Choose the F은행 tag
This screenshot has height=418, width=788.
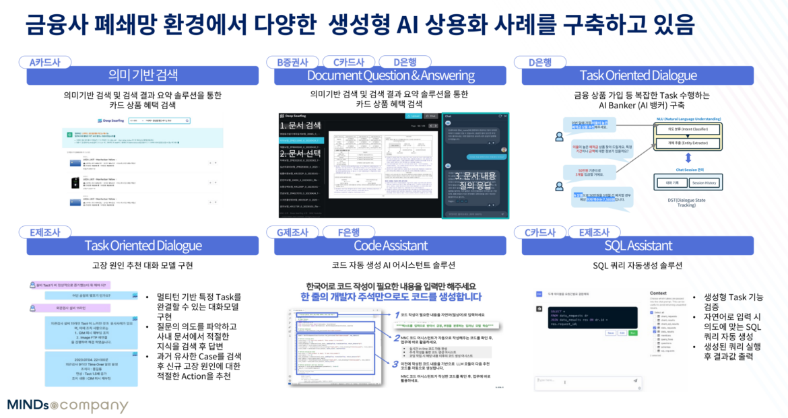(x=355, y=233)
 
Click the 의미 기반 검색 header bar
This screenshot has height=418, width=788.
(x=143, y=75)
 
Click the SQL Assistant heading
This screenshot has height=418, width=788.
(x=638, y=246)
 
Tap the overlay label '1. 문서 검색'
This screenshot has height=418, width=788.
(x=301, y=125)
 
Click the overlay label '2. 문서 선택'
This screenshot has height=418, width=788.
(x=301, y=153)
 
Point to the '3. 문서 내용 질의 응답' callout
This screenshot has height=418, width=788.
(x=475, y=181)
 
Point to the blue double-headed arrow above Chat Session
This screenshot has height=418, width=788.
(x=687, y=158)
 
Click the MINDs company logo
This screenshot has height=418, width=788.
(x=67, y=405)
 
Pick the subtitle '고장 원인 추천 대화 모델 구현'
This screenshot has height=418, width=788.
(x=143, y=265)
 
